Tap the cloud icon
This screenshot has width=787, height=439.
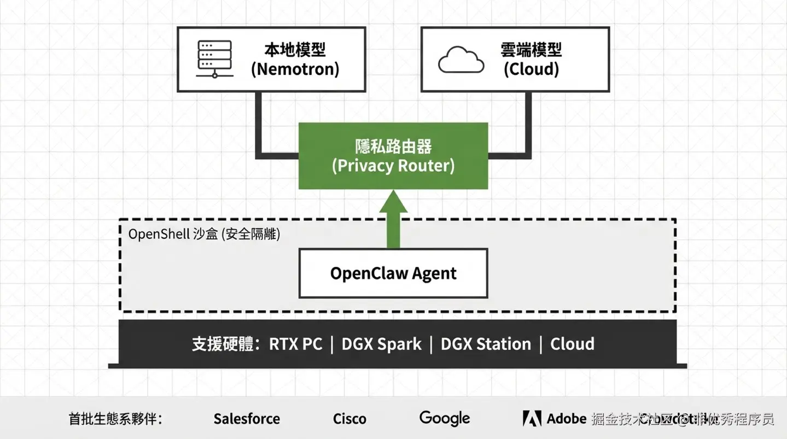(x=461, y=60)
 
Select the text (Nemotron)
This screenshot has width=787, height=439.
(x=295, y=69)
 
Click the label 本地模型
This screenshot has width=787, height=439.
(x=295, y=50)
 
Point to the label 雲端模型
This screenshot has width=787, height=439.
(x=531, y=50)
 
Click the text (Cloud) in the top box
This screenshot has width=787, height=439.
(x=531, y=69)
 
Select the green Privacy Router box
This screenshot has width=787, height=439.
(x=393, y=156)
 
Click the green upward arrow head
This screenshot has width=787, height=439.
(x=393, y=202)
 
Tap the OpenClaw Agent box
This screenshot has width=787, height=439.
(x=393, y=273)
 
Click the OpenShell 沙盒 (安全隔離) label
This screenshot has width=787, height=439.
(x=204, y=234)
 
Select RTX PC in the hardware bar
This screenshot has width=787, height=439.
(x=295, y=344)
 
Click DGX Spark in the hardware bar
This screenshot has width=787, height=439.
(x=381, y=344)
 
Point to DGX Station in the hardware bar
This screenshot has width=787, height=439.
(x=486, y=344)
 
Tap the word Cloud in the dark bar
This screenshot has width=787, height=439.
(x=572, y=344)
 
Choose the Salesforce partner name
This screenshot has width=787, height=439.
(x=247, y=419)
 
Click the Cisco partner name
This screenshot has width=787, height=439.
(x=349, y=419)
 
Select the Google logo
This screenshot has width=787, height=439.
(x=444, y=418)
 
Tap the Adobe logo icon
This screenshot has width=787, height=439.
(x=532, y=418)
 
